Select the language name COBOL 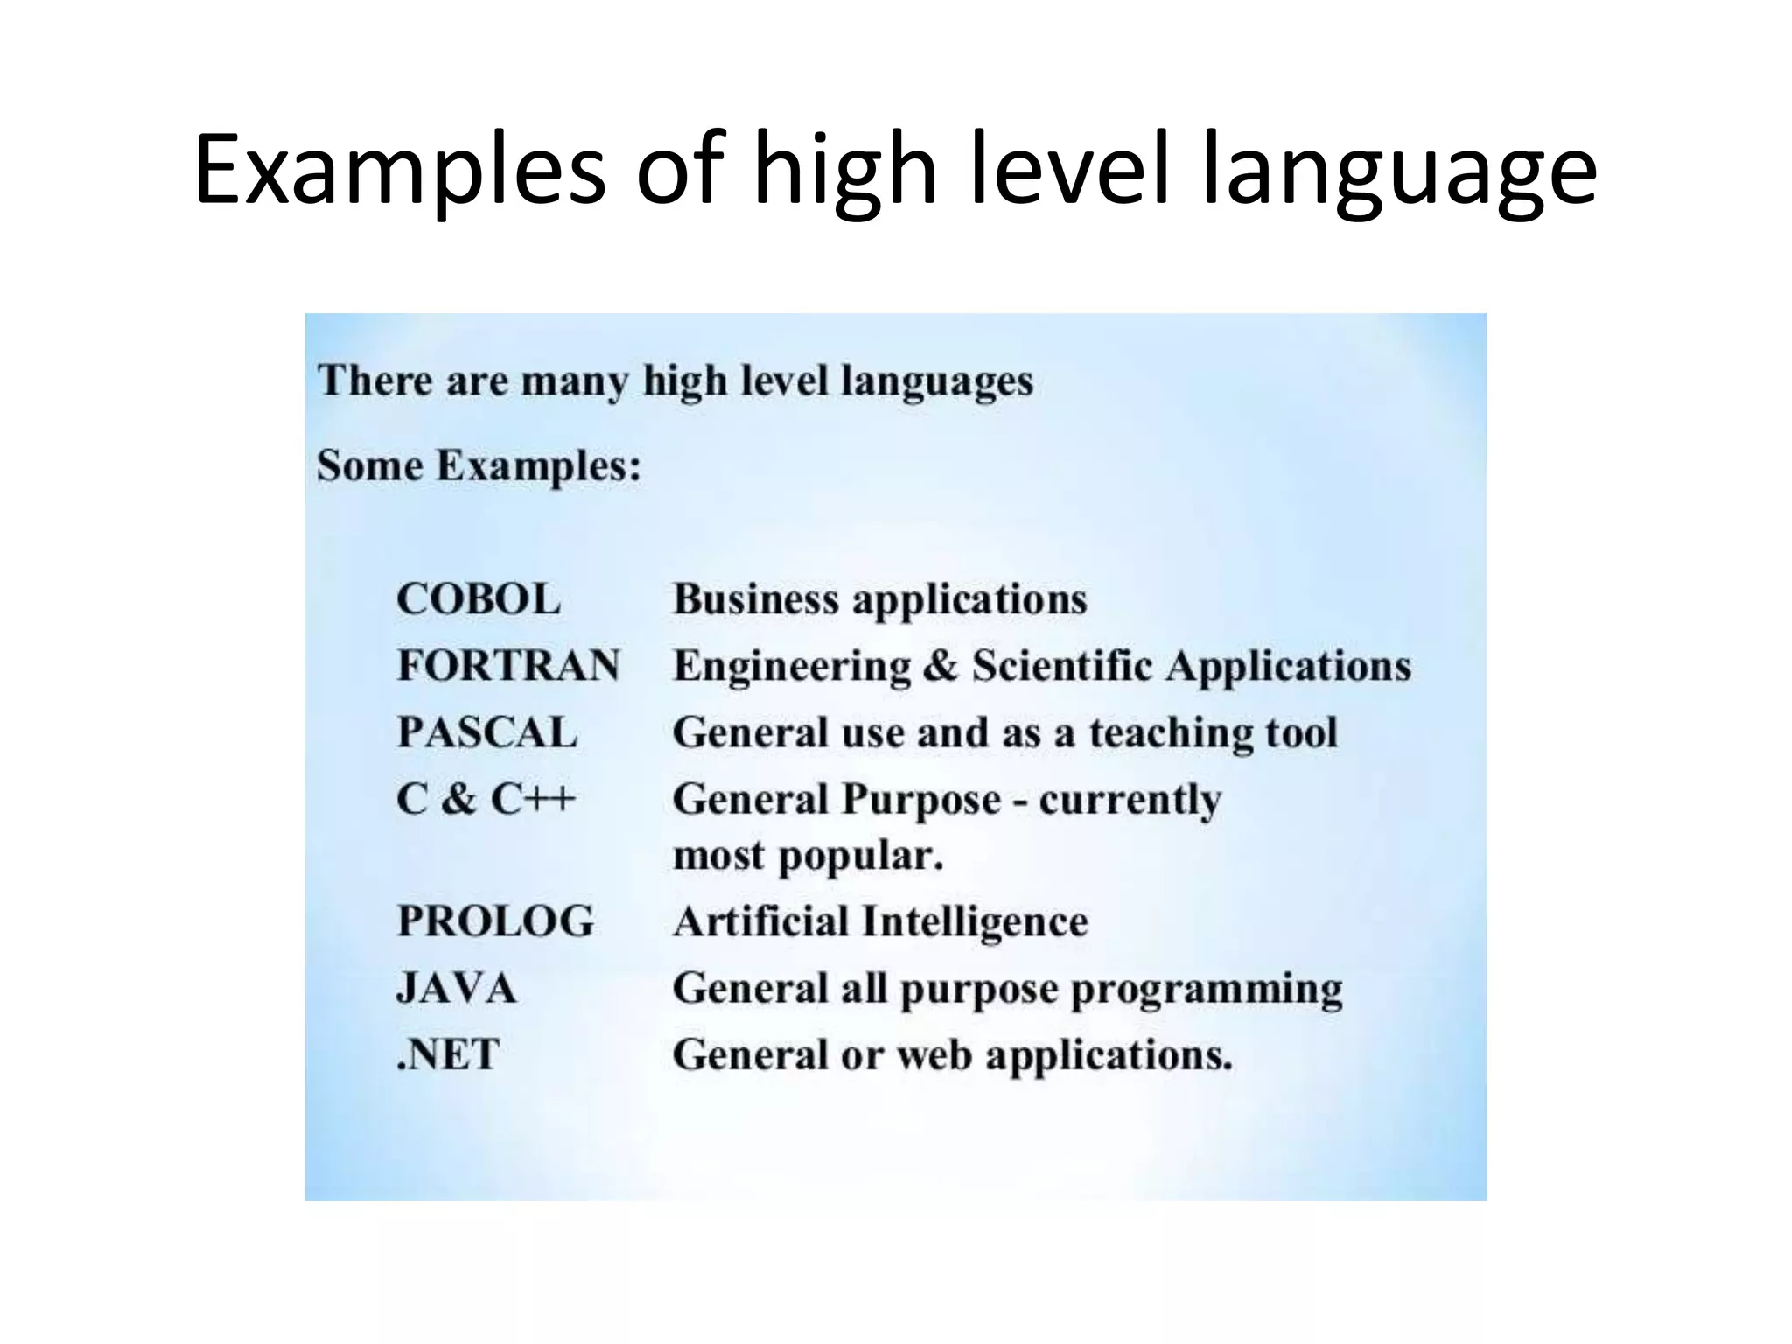tap(478, 600)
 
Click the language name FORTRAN tap(508, 666)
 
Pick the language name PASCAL tap(487, 732)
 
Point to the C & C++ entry tap(486, 799)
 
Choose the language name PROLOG tap(495, 921)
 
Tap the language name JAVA tap(457, 989)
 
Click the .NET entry tap(448, 1054)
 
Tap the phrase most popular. tap(808, 856)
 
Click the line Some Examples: tap(479, 465)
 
